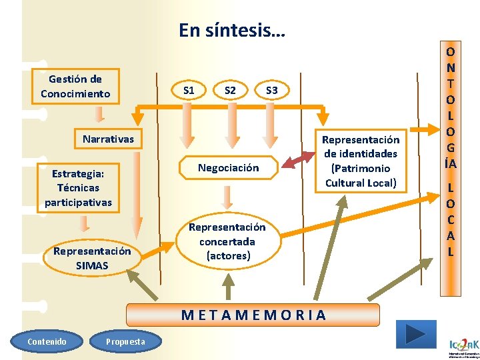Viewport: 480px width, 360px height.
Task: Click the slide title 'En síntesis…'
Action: coord(231,30)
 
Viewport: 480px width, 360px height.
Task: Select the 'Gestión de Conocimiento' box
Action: coord(75,87)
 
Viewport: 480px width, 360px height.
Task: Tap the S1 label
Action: coord(189,90)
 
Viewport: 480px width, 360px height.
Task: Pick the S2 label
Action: coord(230,90)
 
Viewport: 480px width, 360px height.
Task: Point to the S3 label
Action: coord(271,90)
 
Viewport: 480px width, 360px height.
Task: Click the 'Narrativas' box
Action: coord(108,139)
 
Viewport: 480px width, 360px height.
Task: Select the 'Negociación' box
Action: coord(228,168)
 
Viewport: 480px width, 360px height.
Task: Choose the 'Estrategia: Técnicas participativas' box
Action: coord(79,188)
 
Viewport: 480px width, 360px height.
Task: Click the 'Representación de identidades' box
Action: coord(360,161)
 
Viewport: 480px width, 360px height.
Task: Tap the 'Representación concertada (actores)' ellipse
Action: coord(227,241)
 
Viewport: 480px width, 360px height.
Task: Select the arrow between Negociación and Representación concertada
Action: coord(227,197)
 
